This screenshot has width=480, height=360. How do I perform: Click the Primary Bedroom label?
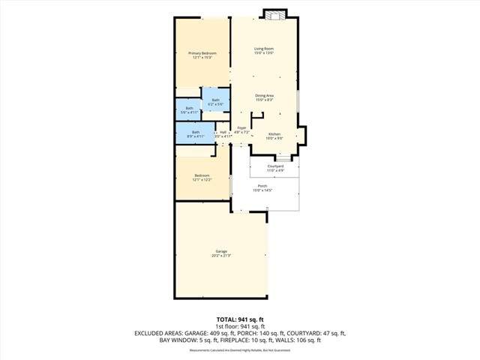202,55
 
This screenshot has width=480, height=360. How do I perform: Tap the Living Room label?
263,51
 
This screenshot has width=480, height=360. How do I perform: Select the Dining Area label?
263,97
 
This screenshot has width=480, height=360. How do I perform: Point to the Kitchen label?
274,136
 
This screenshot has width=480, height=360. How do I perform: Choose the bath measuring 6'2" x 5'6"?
215,102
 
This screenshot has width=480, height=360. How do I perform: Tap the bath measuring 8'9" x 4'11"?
195,133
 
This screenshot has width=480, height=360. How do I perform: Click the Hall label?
223,133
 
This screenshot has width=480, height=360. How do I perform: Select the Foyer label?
241,130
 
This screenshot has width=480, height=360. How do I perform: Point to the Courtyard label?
275,168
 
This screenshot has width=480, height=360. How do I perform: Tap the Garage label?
221,253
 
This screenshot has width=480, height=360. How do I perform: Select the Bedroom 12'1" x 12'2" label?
202,178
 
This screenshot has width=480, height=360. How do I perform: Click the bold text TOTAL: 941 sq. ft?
240,319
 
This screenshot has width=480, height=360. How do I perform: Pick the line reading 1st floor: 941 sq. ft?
240,326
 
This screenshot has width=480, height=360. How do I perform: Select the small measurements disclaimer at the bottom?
240,350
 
